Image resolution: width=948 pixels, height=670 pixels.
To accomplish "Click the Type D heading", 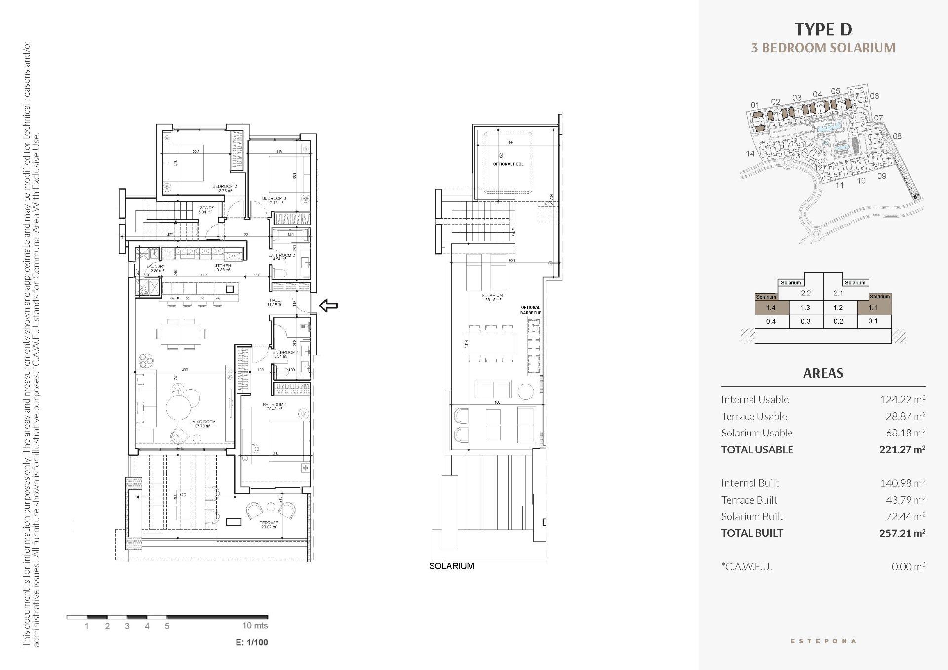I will [x=823, y=30].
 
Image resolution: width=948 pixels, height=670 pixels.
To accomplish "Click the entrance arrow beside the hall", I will [x=329, y=306].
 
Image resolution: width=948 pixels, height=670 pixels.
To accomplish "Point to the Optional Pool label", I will [x=508, y=164].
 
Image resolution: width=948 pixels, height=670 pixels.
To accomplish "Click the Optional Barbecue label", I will [x=530, y=310].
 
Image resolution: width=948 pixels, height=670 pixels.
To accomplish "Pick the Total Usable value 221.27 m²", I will [x=902, y=449].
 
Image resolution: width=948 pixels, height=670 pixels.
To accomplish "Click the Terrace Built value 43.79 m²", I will [x=905, y=500].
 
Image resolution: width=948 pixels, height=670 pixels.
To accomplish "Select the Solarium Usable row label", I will [x=756, y=433].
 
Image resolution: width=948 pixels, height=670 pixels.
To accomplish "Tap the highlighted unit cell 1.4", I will [x=770, y=308].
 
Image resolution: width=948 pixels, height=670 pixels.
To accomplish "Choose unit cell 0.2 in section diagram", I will [x=838, y=321].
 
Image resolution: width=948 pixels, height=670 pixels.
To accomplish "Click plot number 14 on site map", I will [x=750, y=154].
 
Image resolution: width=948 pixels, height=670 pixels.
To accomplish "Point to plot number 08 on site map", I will [x=897, y=136].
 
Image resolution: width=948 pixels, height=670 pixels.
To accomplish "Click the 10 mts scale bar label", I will [x=255, y=626].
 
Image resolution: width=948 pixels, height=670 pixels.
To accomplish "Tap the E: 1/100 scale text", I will [x=252, y=642].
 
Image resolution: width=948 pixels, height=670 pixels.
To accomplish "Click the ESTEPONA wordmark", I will [x=823, y=641].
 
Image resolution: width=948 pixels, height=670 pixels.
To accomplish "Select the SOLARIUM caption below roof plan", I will [x=451, y=566].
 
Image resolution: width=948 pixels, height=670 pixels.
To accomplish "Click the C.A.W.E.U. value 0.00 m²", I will [x=908, y=567].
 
